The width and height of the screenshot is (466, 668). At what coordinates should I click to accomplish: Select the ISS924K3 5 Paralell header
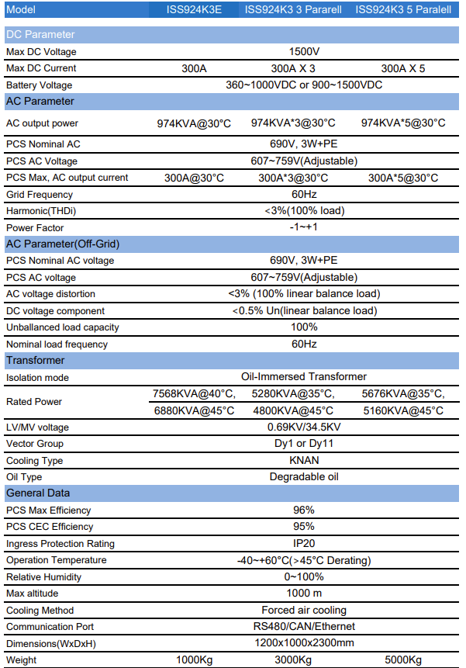[403, 9]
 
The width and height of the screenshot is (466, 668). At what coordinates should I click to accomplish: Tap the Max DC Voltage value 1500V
[304, 51]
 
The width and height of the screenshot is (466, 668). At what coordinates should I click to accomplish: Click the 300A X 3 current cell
[293, 68]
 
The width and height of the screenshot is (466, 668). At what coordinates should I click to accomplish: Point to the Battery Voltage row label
[40, 85]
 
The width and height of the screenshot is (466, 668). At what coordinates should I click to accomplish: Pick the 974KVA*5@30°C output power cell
[403, 123]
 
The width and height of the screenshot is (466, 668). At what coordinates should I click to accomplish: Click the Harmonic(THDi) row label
[41, 210]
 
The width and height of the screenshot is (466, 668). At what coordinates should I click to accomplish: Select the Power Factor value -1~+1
[304, 227]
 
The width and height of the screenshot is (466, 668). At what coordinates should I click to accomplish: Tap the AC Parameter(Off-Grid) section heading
[63, 244]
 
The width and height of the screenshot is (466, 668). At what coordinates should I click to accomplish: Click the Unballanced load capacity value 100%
[304, 327]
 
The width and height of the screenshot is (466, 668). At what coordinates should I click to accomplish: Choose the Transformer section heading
[36, 360]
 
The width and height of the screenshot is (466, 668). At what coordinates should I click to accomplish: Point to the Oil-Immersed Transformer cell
[304, 377]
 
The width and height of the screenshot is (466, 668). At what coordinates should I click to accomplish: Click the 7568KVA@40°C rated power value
[194, 393]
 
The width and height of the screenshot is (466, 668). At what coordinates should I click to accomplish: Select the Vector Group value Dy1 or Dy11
[304, 444]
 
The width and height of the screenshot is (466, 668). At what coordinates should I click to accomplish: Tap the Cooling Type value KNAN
[304, 460]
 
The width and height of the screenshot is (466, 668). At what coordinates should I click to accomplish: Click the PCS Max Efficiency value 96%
[304, 510]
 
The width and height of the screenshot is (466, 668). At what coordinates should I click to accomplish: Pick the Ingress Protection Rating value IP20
[304, 543]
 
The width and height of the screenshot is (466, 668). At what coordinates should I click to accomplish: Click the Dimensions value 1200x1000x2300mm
[304, 643]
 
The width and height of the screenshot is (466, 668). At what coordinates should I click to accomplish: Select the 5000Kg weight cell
[403, 659]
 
